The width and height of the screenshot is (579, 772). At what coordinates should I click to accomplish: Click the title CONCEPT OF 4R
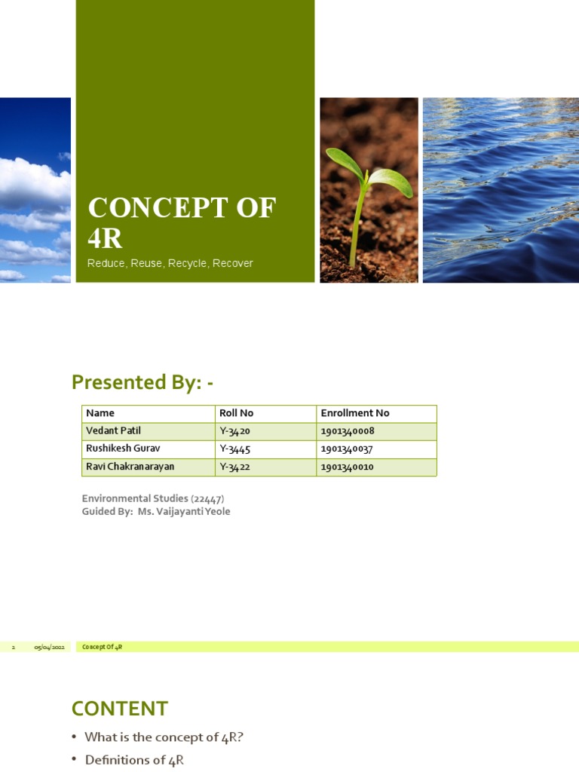click(181, 222)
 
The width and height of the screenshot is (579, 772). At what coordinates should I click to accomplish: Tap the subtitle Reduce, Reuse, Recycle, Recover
click(170, 263)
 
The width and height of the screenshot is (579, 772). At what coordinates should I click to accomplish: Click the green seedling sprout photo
click(369, 190)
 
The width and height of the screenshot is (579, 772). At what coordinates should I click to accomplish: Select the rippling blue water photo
click(501, 190)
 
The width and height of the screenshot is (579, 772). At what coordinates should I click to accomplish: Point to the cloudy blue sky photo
click(35, 190)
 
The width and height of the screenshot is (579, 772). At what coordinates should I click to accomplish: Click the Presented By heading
click(142, 382)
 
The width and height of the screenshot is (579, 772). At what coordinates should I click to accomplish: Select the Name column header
click(100, 413)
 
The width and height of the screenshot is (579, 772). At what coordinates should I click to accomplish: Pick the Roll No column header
click(236, 413)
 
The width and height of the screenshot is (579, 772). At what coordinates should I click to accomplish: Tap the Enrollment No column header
click(355, 413)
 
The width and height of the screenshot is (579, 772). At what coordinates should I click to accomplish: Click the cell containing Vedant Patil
click(113, 431)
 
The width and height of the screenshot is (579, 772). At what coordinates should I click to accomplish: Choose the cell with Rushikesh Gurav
click(123, 449)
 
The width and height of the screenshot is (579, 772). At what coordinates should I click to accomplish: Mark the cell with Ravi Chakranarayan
click(130, 467)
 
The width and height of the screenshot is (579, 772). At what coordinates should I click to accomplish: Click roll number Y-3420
click(234, 431)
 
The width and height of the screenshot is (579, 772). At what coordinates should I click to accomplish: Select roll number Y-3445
click(234, 449)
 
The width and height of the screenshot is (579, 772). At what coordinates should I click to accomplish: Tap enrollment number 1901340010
click(347, 467)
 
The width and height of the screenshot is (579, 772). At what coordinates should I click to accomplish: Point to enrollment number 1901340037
click(347, 449)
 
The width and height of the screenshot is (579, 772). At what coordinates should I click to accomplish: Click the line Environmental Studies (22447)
click(153, 498)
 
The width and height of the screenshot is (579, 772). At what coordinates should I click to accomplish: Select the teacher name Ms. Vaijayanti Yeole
click(184, 512)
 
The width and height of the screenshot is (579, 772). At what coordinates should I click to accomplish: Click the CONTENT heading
click(119, 709)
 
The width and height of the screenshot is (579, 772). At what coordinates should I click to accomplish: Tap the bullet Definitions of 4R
click(134, 761)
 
